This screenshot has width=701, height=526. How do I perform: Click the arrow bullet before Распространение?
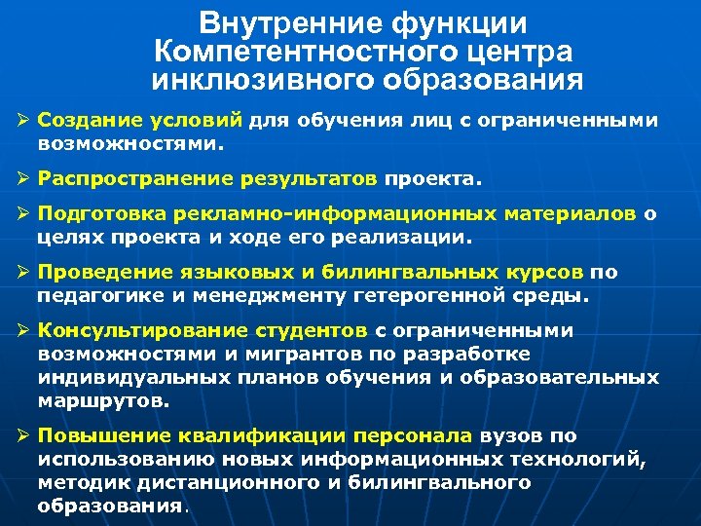pyautogui.click(x=22, y=180)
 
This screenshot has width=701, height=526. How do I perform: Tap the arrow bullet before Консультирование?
pyautogui.click(x=22, y=331)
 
